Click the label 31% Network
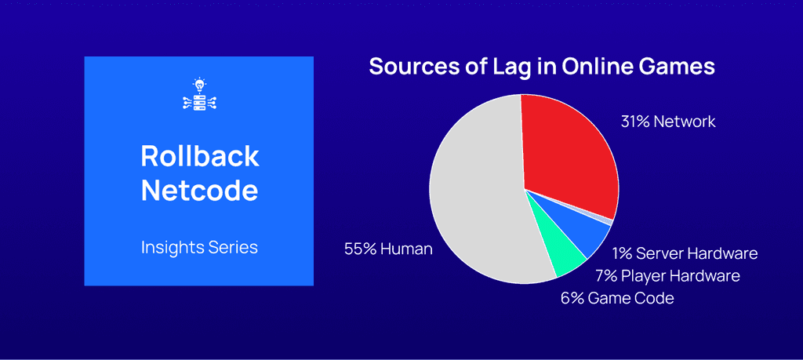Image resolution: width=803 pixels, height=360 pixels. pyautogui.click(x=667, y=122)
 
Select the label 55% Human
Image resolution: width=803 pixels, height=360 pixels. pyautogui.click(x=388, y=249)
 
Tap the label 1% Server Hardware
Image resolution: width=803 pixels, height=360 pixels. pyautogui.click(x=685, y=253)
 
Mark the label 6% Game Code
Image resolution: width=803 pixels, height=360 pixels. pyautogui.click(x=617, y=298)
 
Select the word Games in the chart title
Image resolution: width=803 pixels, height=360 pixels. pyautogui.click(x=675, y=66)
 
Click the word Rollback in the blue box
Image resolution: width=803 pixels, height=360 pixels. pyautogui.click(x=199, y=155)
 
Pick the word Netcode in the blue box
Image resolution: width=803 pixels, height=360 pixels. pyautogui.click(x=199, y=190)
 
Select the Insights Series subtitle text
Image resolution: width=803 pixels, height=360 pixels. pyautogui.click(x=199, y=247)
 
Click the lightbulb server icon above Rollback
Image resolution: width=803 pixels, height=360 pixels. pyautogui.click(x=199, y=94)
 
